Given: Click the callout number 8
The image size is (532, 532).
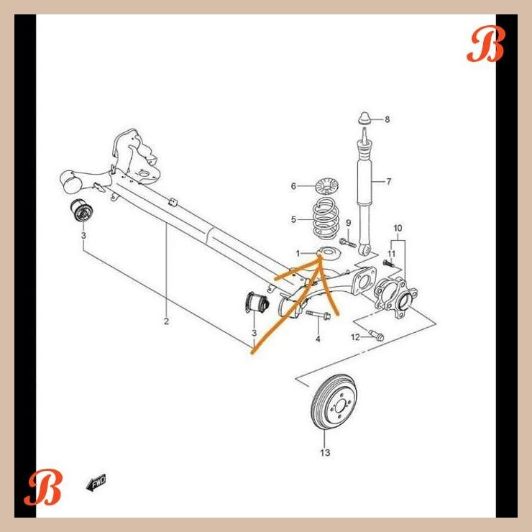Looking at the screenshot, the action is pos(387,119).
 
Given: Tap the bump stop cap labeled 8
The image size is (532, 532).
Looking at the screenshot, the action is pos(364,118).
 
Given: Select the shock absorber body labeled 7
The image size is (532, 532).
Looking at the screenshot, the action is pos(364,190).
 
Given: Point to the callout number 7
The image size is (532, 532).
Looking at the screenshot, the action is pos(389,182).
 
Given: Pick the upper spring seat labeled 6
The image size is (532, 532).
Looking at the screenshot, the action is pos(328,185).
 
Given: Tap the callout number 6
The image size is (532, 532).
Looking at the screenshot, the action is pos(293,186).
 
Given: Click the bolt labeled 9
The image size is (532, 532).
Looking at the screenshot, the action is pos(347,242).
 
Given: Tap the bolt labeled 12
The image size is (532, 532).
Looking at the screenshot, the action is pos(376,335).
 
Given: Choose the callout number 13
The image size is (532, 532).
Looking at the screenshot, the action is pos(325,453).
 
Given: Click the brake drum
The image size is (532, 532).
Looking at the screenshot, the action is pos(334,403).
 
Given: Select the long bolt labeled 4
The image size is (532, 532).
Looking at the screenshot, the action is pos(318,315).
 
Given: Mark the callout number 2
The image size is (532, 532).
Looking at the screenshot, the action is pos(166,321).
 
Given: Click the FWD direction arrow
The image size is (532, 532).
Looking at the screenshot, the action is pos(96,482).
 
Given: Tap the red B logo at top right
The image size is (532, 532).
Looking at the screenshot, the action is pos(486,44).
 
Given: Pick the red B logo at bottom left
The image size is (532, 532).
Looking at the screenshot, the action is pos(43,487).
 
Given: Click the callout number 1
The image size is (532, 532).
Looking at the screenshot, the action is pos(298,254).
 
